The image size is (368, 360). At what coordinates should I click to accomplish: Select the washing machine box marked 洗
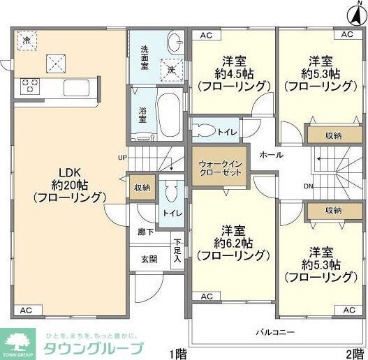171,70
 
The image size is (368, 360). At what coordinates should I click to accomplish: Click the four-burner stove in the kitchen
31,87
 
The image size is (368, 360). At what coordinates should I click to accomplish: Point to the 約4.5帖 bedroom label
233,73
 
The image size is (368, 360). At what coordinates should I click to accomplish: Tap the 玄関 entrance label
149,259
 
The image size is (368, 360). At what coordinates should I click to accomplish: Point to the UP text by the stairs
122,157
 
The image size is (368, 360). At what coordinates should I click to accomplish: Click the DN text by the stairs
308,186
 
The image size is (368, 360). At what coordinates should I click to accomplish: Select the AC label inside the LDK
26,310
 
